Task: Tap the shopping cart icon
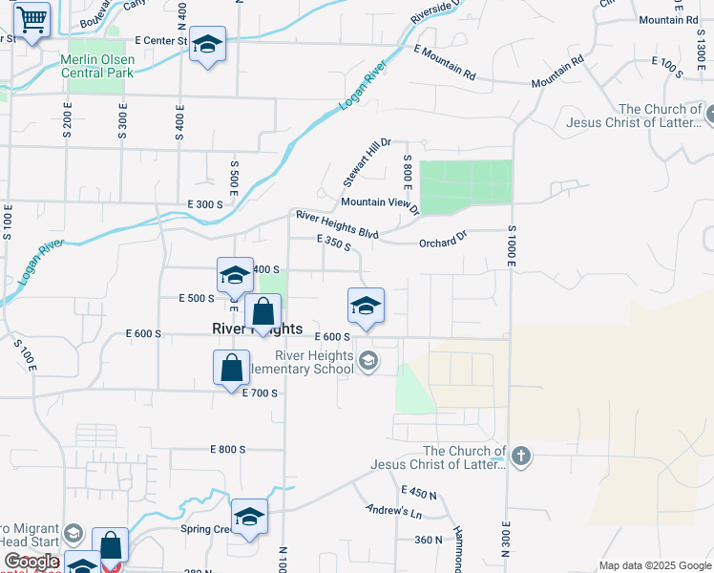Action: (32, 19)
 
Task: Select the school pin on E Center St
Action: (207, 45)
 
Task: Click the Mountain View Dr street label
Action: (380, 203)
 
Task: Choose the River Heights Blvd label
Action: (337, 225)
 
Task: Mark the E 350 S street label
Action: (334, 245)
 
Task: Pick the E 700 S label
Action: (260, 393)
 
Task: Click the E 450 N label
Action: (419, 493)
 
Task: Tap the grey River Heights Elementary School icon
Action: (368, 362)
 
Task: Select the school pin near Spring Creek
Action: (249, 517)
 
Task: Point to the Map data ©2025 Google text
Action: (655, 565)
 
